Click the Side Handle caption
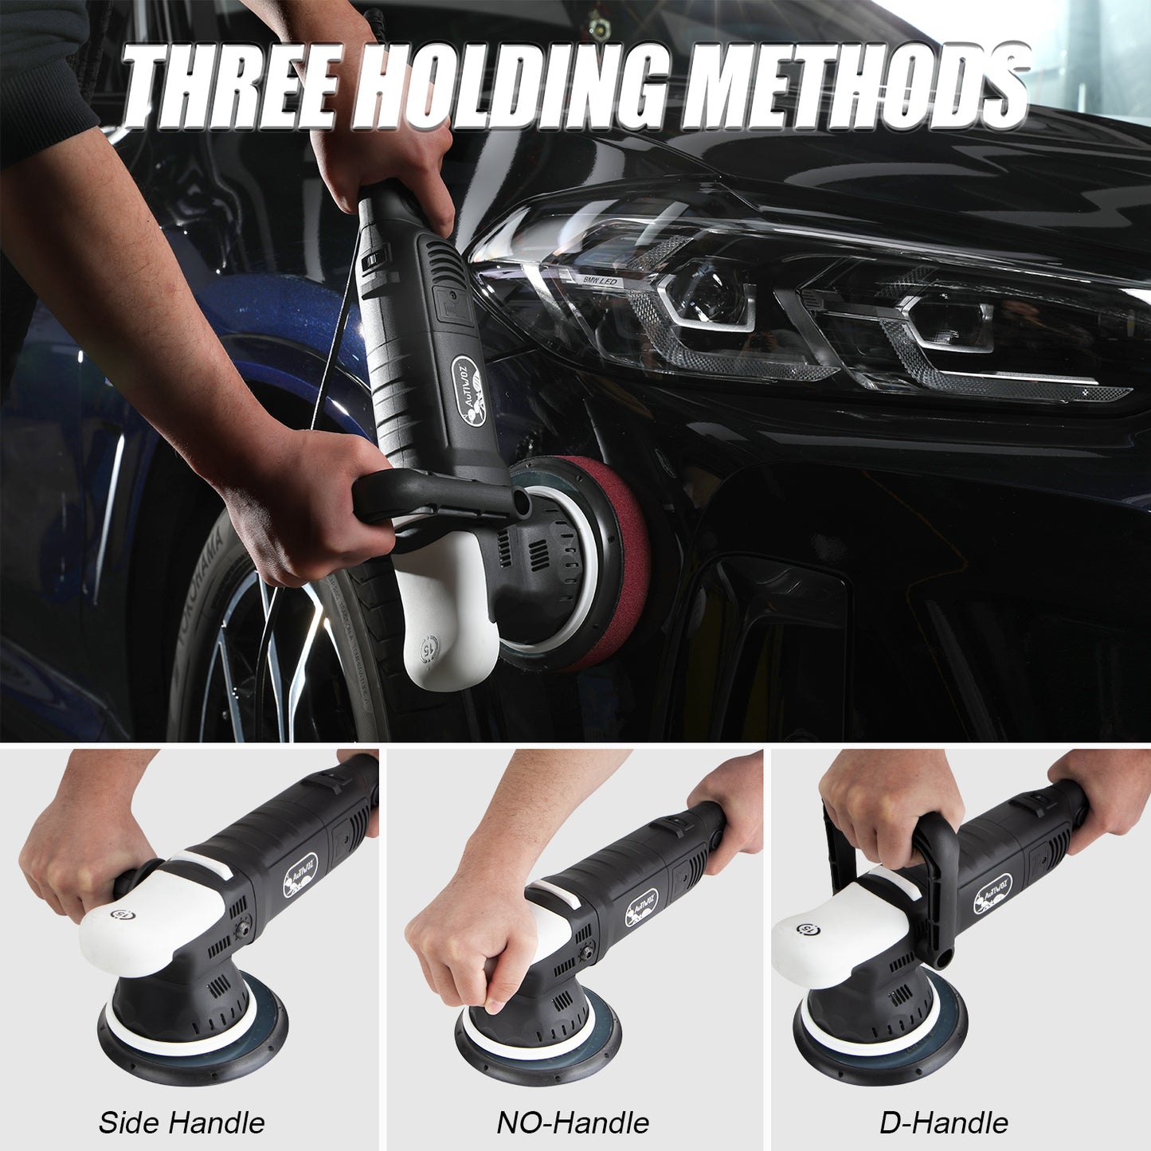pos(182,1122)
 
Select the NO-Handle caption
pos(573,1122)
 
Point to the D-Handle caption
pos(944,1122)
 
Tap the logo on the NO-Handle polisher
pos(641,907)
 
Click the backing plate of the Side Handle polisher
pos(191,1051)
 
